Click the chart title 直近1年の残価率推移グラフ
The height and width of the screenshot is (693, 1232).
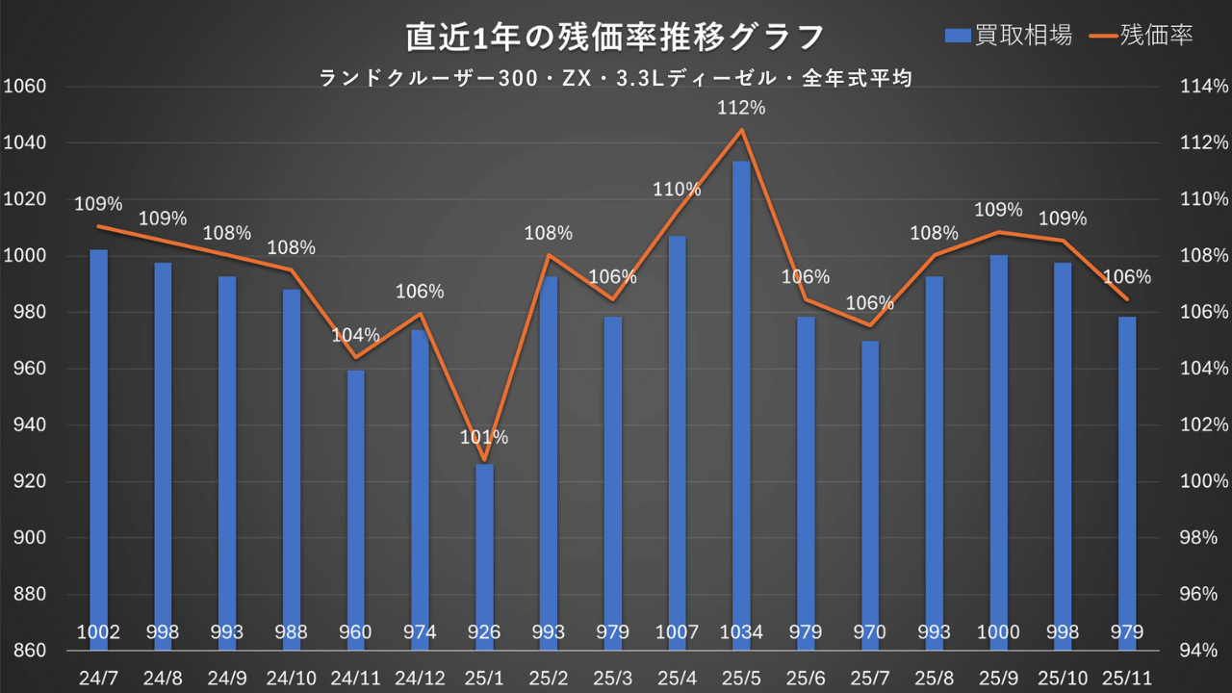(615, 37)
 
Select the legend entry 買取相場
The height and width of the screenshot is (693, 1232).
(1009, 36)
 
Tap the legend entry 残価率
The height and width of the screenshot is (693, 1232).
(1143, 36)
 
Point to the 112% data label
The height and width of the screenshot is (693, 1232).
(741, 109)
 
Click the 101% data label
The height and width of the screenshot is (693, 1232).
(484, 438)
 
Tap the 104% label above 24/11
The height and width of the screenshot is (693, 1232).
(356, 336)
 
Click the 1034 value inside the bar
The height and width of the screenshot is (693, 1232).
(741, 632)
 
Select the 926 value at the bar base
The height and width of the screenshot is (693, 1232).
(484, 632)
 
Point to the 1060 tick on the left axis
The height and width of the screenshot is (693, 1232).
(25, 87)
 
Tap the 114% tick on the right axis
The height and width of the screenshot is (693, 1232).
(1204, 87)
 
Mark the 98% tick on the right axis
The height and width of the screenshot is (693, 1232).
(1204, 538)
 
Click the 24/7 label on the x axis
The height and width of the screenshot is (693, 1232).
(98, 677)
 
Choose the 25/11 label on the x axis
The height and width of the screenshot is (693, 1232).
(1126, 677)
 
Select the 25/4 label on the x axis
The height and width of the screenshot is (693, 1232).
(677, 677)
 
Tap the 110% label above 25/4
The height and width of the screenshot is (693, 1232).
(677, 190)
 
